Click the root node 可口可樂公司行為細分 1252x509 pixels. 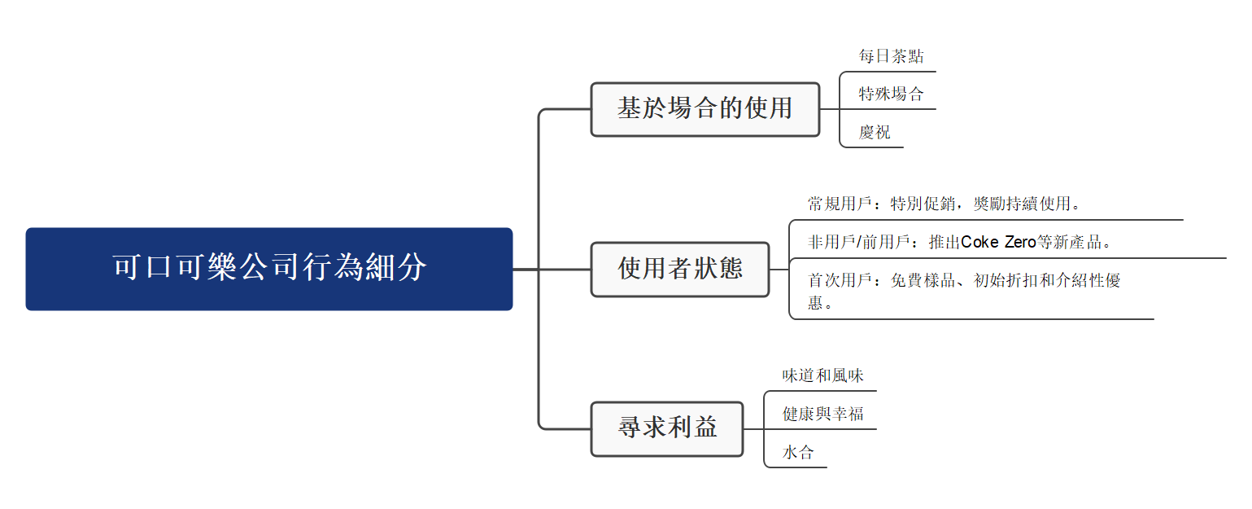pyautogui.click(x=269, y=268)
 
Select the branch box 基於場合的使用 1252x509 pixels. pyautogui.click(x=705, y=108)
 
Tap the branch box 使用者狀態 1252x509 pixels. pyautogui.click(x=680, y=269)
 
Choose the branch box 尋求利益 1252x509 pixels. pyautogui.click(x=667, y=428)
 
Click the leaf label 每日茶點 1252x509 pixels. pyautogui.click(x=891, y=56)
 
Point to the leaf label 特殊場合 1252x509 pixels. pyautogui.click(x=891, y=94)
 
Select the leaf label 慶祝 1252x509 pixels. pyautogui.click(x=875, y=132)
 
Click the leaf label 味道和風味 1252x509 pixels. pyautogui.click(x=822, y=375)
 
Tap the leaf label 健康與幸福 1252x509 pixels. pyautogui.click(x=822, y=414)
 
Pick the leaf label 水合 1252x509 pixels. pyautogui.click(x=797, y=452)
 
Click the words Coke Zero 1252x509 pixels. pyautogui.click(x=998, y=242)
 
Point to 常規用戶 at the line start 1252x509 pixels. pyautogui.click(x=840, y=203)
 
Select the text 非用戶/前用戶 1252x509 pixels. pyautogui.click(x=857, y=242)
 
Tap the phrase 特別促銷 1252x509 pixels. pyautogui.click(x=923, y=203)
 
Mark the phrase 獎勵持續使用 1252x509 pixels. pyautogui.click(x=1022, y=203)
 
